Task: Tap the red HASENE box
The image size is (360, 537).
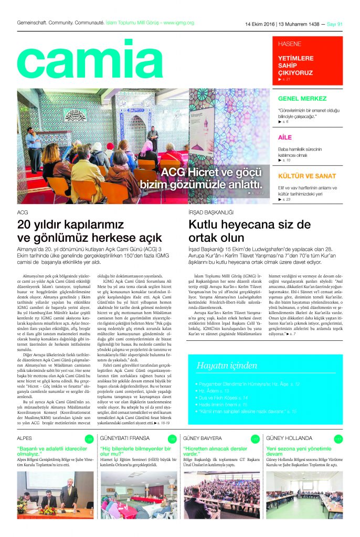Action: coord(308,60)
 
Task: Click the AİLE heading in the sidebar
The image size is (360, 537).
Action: coord(284,137)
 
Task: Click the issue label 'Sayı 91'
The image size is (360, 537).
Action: coord(334,24)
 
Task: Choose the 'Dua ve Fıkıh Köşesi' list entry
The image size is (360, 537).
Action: coord(223,398)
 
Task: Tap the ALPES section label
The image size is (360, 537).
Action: coord(25,438)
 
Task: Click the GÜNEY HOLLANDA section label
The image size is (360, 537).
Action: coord(289,438)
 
